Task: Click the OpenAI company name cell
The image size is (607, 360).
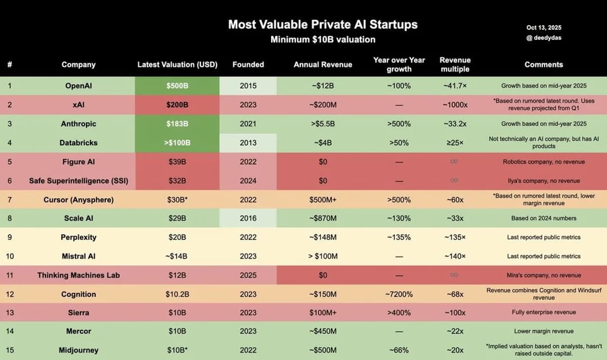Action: click(78, 86)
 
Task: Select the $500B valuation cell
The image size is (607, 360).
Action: click(177, 86)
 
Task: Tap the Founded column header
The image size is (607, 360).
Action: click(248, 65)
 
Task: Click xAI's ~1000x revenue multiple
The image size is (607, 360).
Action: click(454, 105)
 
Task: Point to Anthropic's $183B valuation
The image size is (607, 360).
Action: click(177, 124)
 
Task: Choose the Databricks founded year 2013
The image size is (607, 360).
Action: click(248, 143)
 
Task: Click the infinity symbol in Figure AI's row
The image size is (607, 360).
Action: click(454, 162)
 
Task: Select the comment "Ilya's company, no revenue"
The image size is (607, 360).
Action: click(544, 181)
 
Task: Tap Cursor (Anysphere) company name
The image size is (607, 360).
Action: click(78, 200)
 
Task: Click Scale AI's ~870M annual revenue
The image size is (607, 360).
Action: click(323, 218)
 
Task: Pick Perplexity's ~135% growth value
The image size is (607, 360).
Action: click(399, 237)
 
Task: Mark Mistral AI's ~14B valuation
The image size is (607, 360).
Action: click(177, 256)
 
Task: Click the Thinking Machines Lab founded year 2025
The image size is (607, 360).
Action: click(248, 275)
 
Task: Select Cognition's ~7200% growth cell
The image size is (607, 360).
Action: click(399, 294)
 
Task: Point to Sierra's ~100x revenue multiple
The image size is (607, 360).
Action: click(454, 313)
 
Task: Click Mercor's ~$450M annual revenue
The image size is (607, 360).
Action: click(323, 332)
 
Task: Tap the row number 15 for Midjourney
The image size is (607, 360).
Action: click(10, 350)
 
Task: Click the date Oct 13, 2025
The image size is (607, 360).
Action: click(544, 28)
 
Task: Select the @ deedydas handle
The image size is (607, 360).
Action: click(544, 37)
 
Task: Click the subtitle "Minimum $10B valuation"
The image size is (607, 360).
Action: click(323, 39)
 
